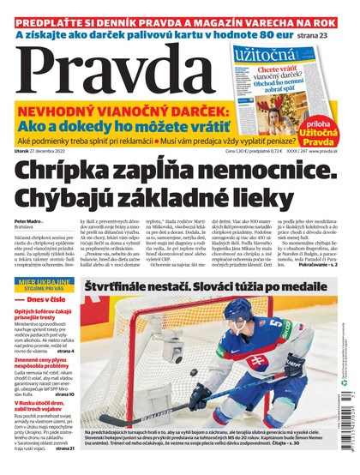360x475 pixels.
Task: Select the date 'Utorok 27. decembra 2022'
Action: coord(43,151)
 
